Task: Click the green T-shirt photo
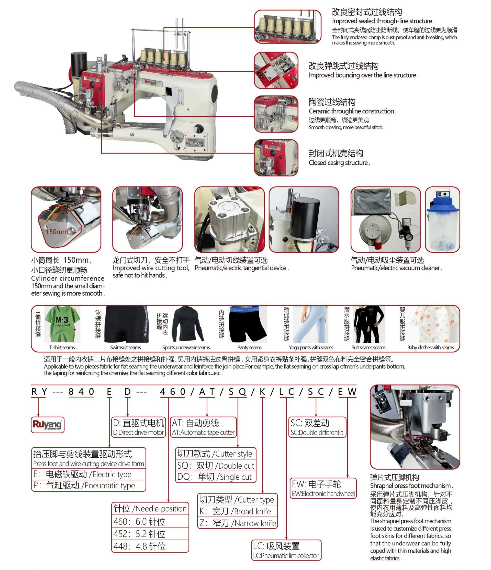[62, 324]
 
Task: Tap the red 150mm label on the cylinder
[57, 231]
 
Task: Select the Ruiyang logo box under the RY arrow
[48, 424]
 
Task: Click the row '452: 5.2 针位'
[150, 534]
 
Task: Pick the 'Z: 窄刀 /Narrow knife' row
[238, 523]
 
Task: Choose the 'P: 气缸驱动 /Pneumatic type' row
[88, 485]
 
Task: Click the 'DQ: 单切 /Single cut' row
[216, 477]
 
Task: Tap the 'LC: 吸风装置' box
[286, 550]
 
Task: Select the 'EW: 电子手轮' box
[323, 488]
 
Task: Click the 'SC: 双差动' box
[318, 427]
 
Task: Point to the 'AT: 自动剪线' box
[204, 427]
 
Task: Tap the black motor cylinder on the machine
[79, 63]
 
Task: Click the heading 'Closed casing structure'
[339, 163]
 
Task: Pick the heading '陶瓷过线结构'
[332, 102]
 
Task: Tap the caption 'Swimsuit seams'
[126, 347]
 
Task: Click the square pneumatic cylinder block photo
[229, 220]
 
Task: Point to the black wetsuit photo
[369, 324]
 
